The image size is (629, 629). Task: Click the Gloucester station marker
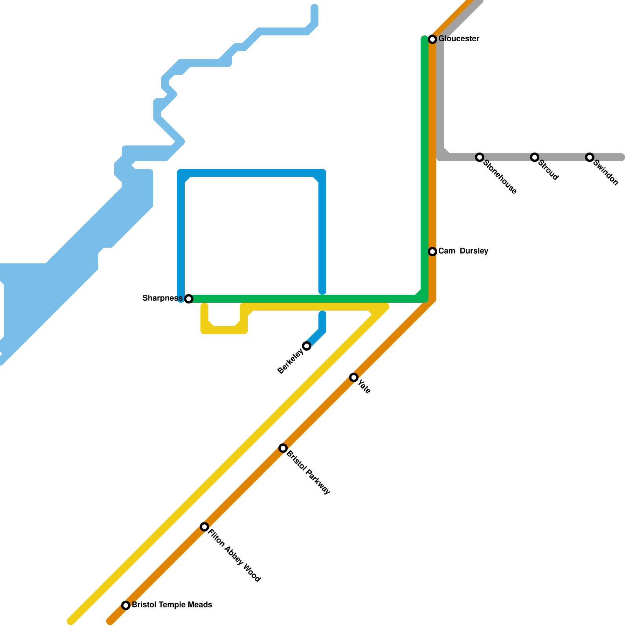(432, 39)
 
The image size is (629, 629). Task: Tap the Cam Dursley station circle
(432, 252)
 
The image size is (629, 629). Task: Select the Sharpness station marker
(189, 299)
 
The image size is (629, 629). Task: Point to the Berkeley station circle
(307, 346)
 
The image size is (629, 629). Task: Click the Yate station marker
(354, 377)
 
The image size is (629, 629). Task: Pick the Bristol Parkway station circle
(283, 448)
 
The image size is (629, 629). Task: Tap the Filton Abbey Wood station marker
(204, 527)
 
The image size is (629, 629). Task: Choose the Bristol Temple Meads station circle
(126, 605)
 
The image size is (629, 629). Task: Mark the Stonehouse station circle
(480, 157)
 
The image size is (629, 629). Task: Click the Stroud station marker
(535, 157)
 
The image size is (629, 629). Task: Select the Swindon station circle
(590, 157)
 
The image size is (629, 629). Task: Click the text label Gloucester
(459, 39)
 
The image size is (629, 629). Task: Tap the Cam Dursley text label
(463, 251)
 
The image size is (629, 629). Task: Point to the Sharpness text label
(162, 298)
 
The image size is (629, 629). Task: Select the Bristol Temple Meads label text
(172, 605)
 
